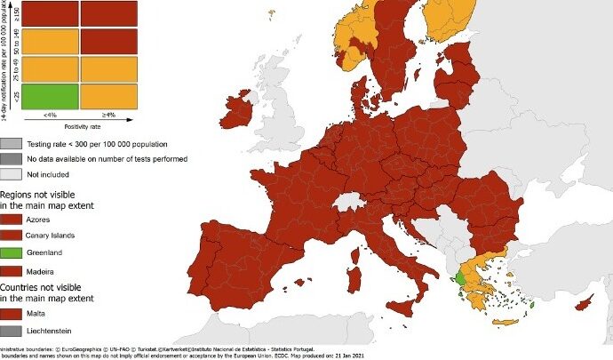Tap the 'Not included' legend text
55,175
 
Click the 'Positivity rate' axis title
78,127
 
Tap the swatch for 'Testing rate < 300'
12,142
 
